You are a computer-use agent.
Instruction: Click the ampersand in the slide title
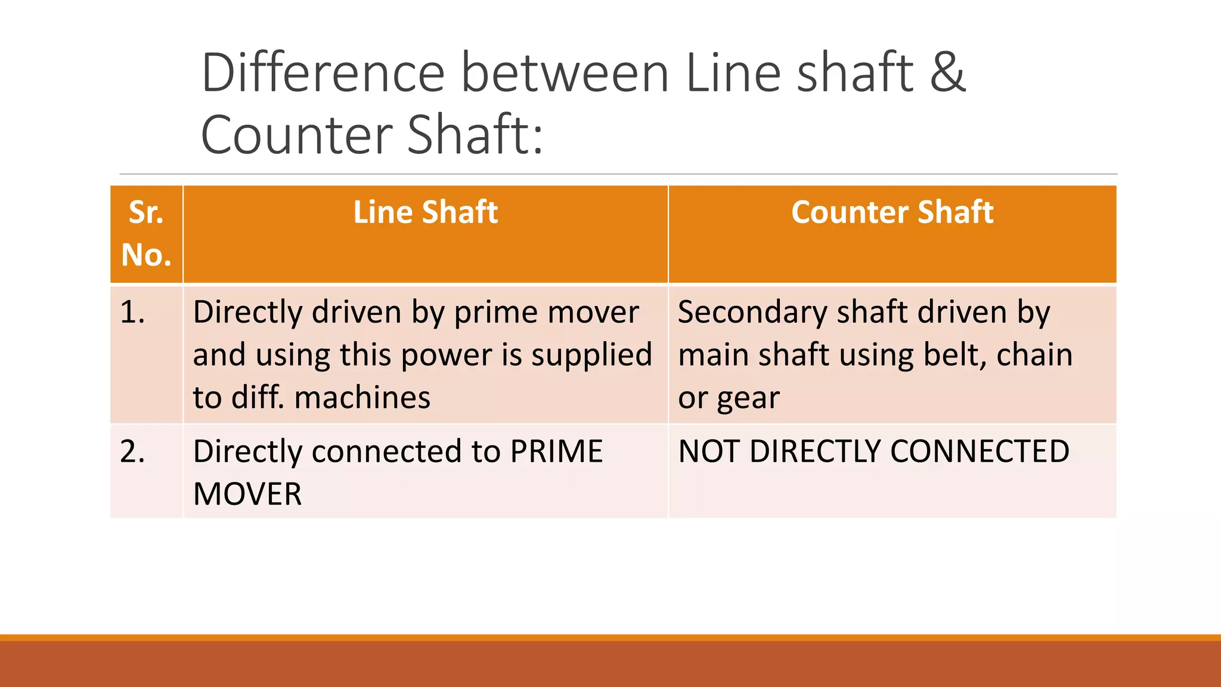point(947,73)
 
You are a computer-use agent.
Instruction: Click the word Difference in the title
point(323,73)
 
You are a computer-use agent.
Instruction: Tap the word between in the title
point(565,73)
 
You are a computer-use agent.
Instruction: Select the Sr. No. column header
point(146,234)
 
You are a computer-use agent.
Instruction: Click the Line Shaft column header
point(425,212)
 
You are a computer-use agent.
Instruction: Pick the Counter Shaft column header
point(892,212)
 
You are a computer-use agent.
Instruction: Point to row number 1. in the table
point(132,312)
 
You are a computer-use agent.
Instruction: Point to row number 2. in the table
point(132,451)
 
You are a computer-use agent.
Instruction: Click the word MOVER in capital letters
point(247,494)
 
